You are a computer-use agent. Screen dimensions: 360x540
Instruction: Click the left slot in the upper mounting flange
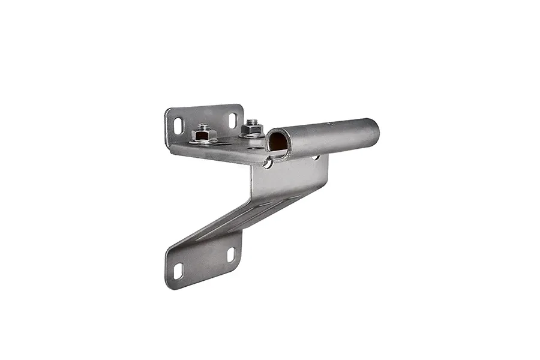178,125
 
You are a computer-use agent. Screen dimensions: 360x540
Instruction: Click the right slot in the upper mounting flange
233,120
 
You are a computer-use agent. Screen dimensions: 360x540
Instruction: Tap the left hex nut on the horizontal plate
203,136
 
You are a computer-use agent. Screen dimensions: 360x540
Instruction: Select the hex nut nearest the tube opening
253,130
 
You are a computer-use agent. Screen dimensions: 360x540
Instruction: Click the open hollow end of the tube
278,142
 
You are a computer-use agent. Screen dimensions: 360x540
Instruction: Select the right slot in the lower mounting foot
231,254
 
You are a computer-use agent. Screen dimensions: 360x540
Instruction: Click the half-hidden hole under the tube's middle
315,157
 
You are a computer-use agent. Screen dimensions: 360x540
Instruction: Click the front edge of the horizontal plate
216,157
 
